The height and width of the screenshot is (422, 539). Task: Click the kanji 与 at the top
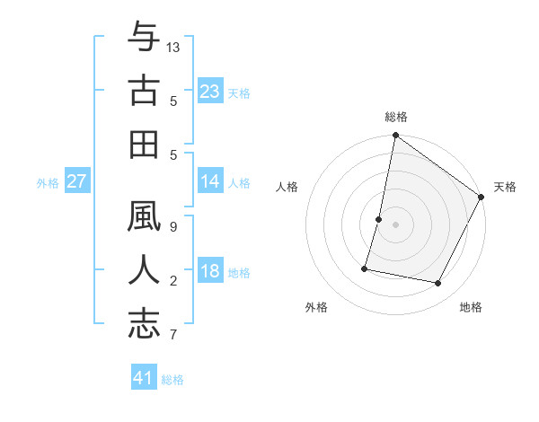144,39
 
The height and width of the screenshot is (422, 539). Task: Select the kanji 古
144,90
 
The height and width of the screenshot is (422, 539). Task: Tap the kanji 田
144,143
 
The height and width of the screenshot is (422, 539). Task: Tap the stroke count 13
173,47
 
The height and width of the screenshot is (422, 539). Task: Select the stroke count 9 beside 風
172,226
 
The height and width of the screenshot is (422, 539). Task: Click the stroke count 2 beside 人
172,281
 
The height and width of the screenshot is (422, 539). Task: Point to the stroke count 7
172,334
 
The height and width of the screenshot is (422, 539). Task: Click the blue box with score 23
210,92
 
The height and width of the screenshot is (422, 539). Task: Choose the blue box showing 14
210,181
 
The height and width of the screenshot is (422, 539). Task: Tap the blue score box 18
210,271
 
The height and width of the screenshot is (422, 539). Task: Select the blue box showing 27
77,181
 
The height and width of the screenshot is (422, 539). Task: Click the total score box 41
144,378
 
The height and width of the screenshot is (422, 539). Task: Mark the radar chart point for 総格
395,136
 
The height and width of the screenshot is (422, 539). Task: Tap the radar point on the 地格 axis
438,284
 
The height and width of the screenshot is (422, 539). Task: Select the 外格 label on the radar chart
316,307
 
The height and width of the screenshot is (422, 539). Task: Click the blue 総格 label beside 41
172,380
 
